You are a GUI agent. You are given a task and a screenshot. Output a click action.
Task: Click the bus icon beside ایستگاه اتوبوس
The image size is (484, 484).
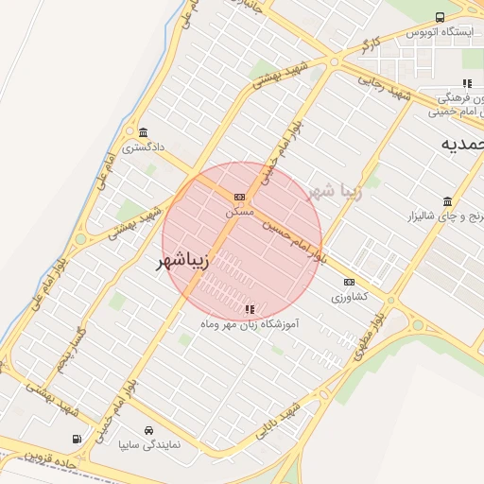pyautogui.click(x=440, y=17)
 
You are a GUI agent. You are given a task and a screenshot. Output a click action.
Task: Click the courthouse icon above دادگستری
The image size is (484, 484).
pyautogui.click(x=142, y=131)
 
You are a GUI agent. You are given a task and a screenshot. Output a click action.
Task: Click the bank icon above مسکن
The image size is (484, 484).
pyautogui.click(x=239, y=197)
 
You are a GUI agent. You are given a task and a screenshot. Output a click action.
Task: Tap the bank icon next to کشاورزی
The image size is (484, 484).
pyautogui.click(x=349, y=282)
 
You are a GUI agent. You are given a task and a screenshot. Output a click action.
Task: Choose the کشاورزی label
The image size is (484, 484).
pyautogui.click(x=349, y=296)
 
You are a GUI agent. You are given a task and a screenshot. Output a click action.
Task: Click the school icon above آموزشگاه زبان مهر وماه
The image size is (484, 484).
pyautogui.click(x=250, y=308)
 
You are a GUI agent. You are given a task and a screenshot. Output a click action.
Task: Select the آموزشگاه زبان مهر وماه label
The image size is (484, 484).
pyautogui.click(x=250, y=323)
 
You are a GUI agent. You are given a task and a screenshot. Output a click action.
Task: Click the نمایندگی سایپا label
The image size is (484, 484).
pyautogui.click(x=147, y=442)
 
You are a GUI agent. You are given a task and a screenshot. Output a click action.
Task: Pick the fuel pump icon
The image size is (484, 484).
pyautogui.click(x=77, y=439)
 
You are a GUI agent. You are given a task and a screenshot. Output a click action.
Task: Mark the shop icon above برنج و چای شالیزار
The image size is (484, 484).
pyautogui.click(x=446, y=201)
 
